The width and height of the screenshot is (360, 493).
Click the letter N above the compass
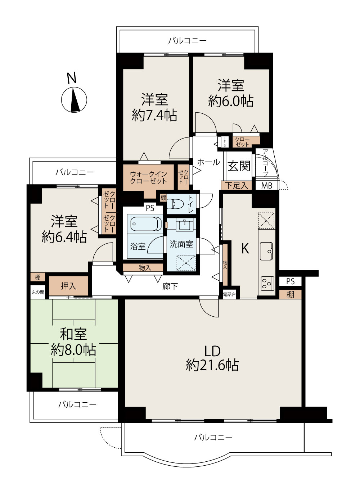pos(72,78)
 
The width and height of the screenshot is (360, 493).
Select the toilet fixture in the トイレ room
pos(175,204)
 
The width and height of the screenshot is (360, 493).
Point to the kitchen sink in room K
pos(266,251)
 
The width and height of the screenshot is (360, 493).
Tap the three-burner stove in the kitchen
pos(267,283)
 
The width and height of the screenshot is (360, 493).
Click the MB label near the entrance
pos(267,186)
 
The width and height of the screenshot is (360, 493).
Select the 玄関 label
pos(239,166)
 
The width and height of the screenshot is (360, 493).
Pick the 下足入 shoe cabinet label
pos(236,185)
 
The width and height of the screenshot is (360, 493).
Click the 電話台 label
pos(229,295)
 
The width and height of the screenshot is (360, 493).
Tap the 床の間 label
pos(38,292)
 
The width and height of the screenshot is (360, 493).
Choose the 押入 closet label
pos(68,286)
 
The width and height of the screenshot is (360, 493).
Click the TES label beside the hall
pos(225,142)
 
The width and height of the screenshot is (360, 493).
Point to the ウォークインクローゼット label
pos(149,178)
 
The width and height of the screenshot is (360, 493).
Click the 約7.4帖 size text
pos(154,115)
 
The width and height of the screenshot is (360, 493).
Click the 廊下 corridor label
pos(170,286)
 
